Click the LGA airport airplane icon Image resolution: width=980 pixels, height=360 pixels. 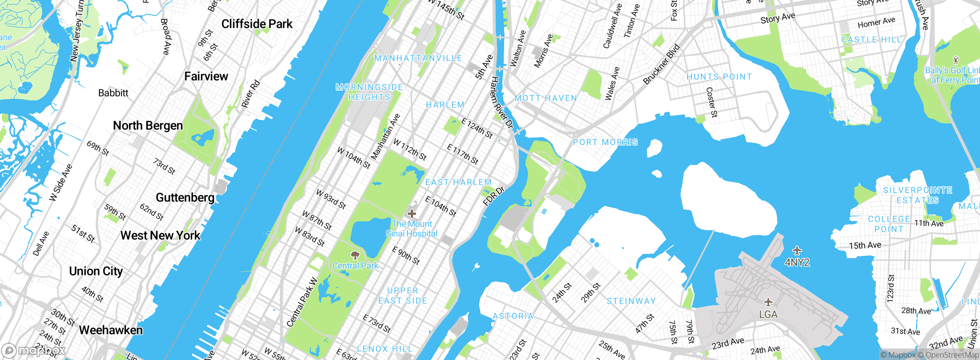click(x=768, y=302)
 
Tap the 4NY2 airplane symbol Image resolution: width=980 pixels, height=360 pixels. click(x=797, y=251)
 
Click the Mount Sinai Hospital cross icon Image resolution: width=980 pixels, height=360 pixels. click(x=412, y=213)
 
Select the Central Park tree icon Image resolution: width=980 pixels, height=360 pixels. click(x=355, y=255)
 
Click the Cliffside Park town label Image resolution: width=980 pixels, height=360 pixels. click(x=257, y=24)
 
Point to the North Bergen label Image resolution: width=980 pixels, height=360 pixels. click(x=148, y=126)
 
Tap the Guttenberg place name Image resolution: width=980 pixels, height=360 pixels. click(x=185, y=198)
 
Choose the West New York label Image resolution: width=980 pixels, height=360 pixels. click(x=160, y=235)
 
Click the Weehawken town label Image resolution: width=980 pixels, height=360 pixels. click(x=111, y=330)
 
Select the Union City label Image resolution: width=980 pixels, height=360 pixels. click(x=96, y=271)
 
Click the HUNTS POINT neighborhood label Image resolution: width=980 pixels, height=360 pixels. click(x=719, y=77)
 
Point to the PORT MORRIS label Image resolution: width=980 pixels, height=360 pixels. click(x=605, y=142)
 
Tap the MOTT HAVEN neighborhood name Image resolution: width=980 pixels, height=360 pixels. click(x=546, y=98)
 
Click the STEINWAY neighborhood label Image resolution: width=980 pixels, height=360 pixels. click(x=631, y=301)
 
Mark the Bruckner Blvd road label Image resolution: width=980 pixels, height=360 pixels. click(x=661, y=64)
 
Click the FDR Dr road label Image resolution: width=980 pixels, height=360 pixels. click(x=494, y=196)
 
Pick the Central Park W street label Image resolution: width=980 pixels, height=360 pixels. click(x=302, y=302)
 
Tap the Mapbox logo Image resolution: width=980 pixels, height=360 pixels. click(x=34, y=350)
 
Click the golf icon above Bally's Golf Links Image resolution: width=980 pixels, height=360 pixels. click(x=956, y=60)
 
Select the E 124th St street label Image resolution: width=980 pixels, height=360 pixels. click(x=477, y=128)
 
